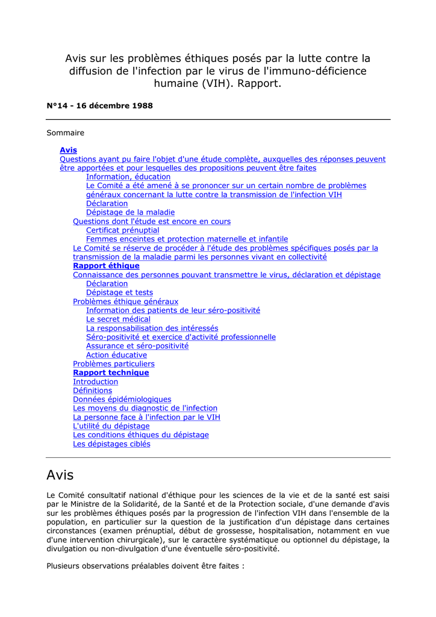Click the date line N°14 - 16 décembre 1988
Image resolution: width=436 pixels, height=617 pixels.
coord(99,105)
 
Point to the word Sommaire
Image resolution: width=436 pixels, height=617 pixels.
coord(65,133)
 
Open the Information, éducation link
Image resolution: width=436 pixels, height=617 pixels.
coord(128,177)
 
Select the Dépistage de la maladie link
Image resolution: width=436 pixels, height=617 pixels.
coord(130,213)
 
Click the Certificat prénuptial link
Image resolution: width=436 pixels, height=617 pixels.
coord(122,230)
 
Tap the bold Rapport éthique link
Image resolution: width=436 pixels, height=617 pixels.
coord(106,266)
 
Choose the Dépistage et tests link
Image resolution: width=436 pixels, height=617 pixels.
coord(119,293)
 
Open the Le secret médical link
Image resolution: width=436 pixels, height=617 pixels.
coord(118,319)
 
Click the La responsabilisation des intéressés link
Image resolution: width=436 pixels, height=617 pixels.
coord(152,328)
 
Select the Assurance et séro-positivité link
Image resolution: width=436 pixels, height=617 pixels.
coord(137,346)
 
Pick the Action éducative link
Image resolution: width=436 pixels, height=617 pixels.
coord(116,355)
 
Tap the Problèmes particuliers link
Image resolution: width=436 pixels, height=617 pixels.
coord(113,364)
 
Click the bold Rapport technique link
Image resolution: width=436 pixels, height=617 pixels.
coord(111,373)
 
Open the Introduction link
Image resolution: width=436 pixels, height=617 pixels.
coord(95,382)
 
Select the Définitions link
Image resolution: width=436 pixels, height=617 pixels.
coord(92,390)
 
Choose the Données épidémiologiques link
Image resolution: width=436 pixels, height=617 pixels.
coord(122,399)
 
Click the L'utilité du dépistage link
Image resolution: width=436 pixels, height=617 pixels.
coord(111,426)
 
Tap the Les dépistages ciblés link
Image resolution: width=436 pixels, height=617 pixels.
coord(111,444)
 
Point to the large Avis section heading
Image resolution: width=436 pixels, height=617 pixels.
coord(60,475)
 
